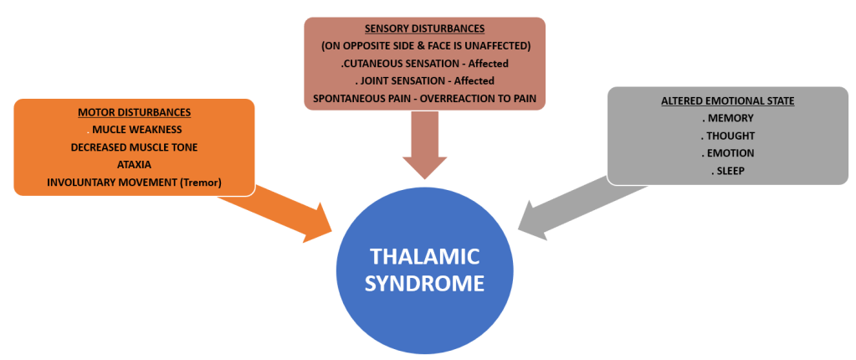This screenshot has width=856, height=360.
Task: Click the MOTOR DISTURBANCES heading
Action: pyautogui.click(x=134, y=111)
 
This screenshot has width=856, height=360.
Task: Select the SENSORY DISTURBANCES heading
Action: pyautogui.click(x=425, y=28)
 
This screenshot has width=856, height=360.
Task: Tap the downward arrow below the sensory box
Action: pyautogui.click(x=425, y=147)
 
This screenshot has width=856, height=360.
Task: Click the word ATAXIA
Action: pyautogui.click(x=134, y=164)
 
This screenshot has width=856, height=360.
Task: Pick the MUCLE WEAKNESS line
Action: pyautogui.click(x=136, y=129)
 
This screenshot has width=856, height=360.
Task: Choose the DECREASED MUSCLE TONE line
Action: pyautogui.click(x=134, y=147)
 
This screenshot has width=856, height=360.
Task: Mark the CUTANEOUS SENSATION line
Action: pyautogui.click(x=425, y=63)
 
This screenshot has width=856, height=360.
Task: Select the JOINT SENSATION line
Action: pyautogui.click(x=425, y=80)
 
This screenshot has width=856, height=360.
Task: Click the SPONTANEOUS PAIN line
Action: pyautogui.click(x=425, y=98)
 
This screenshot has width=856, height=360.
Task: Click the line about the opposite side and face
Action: pyautogui.click(x=425, y=45)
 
